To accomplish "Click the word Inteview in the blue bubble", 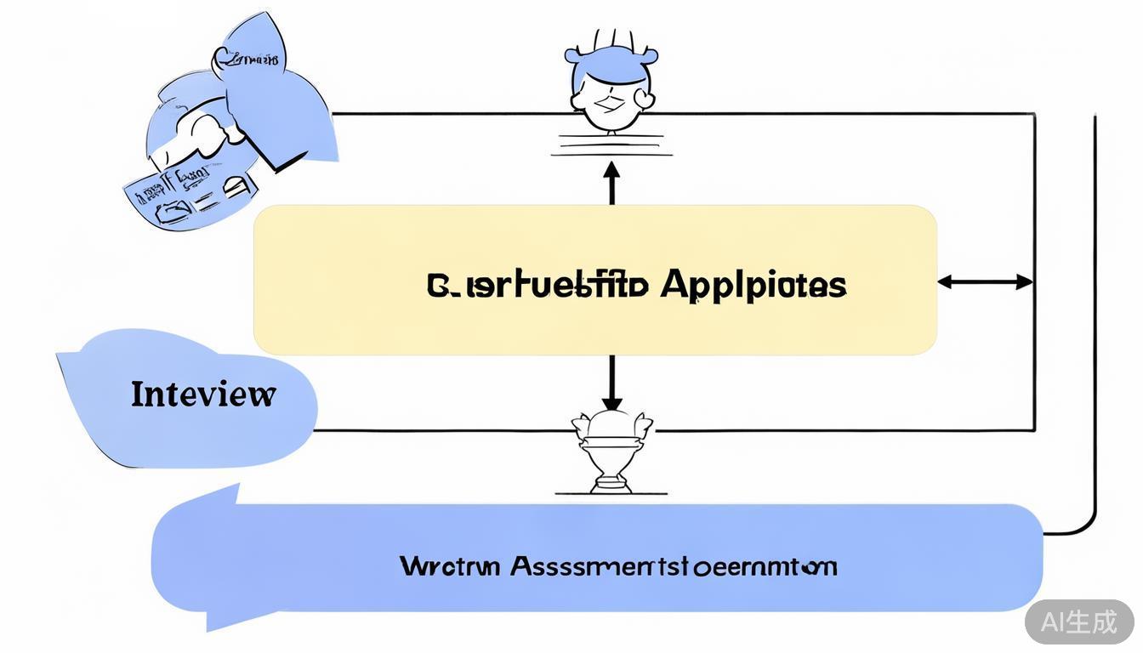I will pos(203,395).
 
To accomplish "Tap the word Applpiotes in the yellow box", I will pos(753,285).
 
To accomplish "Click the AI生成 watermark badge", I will pos(1079,622).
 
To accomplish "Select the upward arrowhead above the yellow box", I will pos(611,170).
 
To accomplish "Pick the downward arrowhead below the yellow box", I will pos(611,401).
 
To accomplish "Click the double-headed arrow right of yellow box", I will pos(985,282).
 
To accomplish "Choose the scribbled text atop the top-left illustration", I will pos(247,60).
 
